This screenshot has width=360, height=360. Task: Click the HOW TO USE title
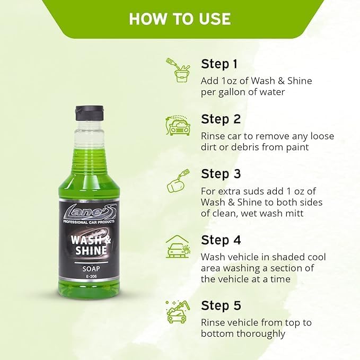point(180,19)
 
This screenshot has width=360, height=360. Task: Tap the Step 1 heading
point(219,64)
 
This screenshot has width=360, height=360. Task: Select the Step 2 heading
point(221,119)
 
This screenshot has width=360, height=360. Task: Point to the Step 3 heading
point(221,174)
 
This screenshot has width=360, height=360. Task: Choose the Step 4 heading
point(221,240)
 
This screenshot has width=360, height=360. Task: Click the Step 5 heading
point(221,305)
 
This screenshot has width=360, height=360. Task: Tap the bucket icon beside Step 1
point(178,70)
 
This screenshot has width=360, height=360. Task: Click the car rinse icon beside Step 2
point(178,125)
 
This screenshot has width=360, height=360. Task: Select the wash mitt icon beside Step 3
point(178,181)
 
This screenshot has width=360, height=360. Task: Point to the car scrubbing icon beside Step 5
point(178,312)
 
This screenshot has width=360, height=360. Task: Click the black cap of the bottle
point(90,113)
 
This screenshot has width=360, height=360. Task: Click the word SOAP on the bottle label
point(91,269)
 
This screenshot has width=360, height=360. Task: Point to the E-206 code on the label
point(91,277)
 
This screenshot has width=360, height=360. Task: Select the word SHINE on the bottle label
point(91,250)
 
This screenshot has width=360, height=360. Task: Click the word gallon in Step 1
point(231,92)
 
